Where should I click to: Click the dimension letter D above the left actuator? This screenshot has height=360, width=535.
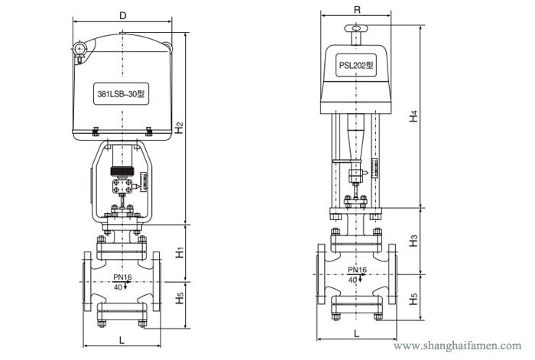123,14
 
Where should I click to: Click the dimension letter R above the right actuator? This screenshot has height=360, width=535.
358,10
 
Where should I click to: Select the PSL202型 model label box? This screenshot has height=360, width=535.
356,66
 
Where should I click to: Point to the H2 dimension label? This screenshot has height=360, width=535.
178,128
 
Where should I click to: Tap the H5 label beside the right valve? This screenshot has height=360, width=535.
413,301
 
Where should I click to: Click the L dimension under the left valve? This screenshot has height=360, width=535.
122,339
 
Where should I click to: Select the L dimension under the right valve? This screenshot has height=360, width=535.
357,333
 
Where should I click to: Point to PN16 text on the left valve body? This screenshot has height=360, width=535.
122,277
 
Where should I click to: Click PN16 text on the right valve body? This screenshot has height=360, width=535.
357,271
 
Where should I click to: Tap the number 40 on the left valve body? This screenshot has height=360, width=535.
117,287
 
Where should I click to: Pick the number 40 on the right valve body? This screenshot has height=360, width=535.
352,281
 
